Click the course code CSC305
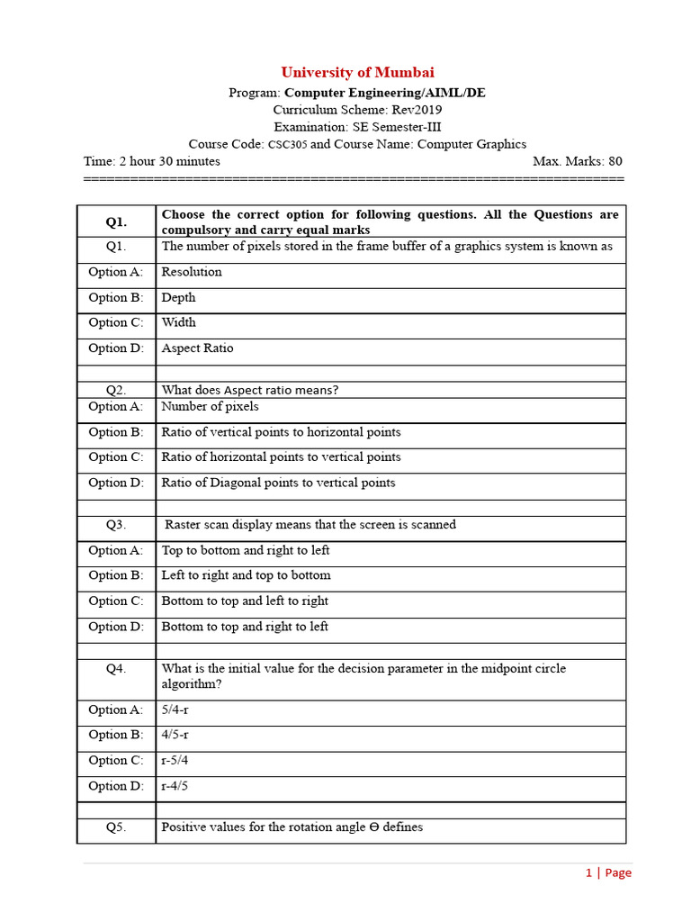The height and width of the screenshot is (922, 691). pos(288,144)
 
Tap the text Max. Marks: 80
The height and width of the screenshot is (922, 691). pos(577,161)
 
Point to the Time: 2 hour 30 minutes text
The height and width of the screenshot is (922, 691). pos(152,161)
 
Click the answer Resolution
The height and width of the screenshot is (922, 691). pos(192,272)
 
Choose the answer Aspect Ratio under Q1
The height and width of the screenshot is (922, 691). pos(197,348)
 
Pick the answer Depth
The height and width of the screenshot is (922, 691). pos(178,297)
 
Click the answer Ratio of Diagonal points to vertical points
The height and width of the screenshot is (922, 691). pos(278,483)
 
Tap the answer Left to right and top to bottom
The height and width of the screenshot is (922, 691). pos(246,575)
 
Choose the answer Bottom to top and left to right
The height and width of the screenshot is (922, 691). pos(245,601)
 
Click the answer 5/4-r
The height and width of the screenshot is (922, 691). pos(175,710)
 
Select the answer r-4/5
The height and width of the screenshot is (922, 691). pos(175,786)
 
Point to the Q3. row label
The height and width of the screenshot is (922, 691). pos(116,525)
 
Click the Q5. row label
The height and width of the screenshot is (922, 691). pos(116,827)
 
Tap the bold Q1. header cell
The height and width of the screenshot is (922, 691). pos(116,221)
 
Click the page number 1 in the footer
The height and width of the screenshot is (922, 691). pos(589,872)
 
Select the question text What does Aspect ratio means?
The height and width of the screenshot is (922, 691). pos(249,390)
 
